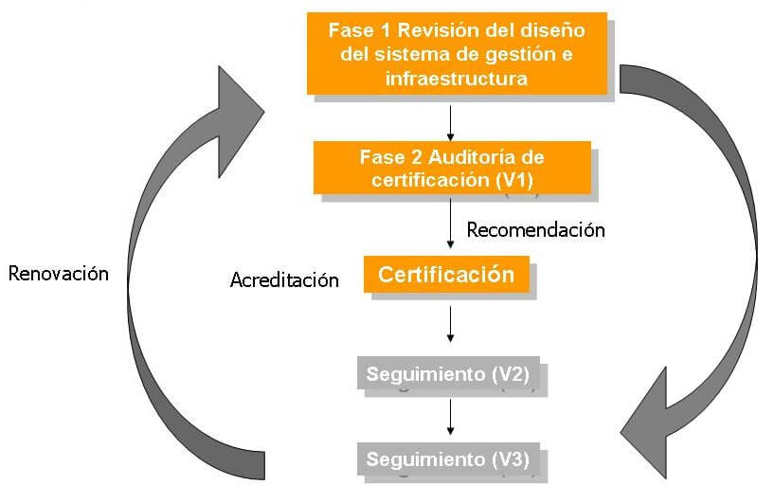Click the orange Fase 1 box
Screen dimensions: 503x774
tap(457, 53)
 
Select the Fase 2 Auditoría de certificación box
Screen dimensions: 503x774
tap(452, 168)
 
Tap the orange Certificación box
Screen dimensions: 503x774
tap(446, 275)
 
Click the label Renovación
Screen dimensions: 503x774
tap(59, 274)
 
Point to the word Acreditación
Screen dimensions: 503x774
tap(284, 279)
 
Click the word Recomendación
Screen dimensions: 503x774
tap(535, 229)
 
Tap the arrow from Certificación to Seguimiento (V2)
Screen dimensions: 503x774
tap(451, 324)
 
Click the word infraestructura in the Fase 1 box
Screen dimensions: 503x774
tap(457, 78)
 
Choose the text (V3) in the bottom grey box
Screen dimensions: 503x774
tap(511, 460)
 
